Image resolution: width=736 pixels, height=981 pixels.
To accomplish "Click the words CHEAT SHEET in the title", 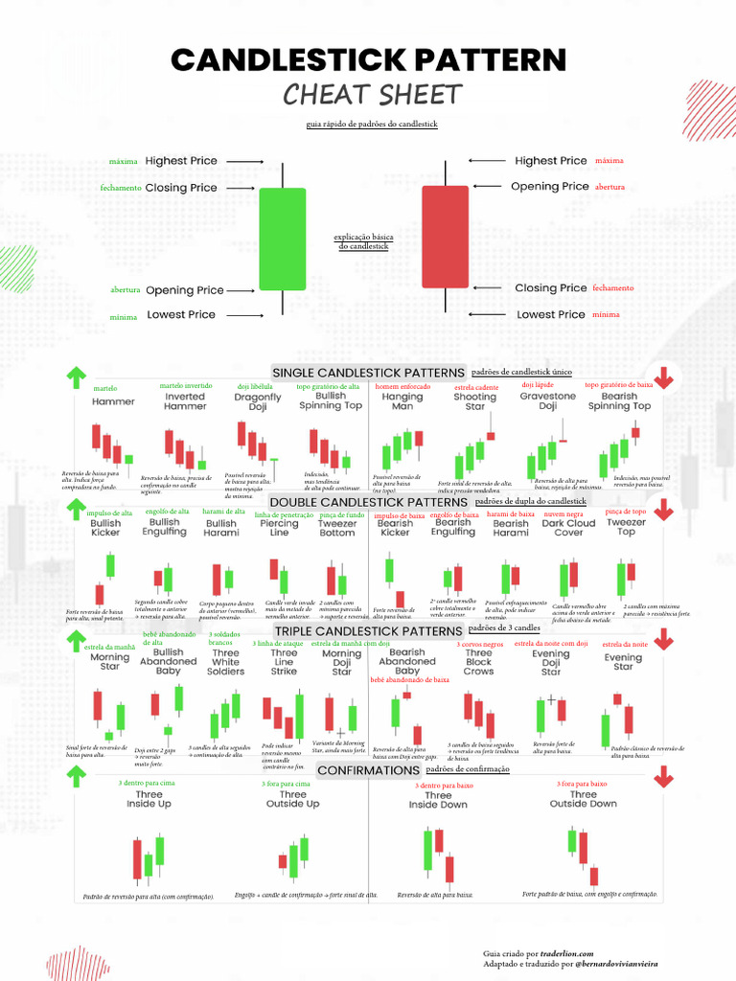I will [x=373, y=95].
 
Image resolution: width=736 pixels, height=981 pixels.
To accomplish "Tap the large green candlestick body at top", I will [x=282, y=240].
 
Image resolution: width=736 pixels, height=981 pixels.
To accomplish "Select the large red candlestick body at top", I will [x=445, y=237].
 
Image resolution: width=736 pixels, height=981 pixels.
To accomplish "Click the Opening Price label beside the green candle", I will [x=184, y=290].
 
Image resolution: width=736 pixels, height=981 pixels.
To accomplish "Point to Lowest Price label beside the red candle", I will [x=550, y=314].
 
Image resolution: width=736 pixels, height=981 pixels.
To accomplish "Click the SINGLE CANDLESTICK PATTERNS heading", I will [x=369, y=372].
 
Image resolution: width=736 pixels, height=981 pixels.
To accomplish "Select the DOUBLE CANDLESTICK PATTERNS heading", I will [x=369, y=502].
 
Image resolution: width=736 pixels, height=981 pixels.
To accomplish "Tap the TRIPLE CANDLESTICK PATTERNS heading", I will [x=369, y=632].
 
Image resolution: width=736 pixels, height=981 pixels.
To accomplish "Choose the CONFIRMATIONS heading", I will [x=368, y=770].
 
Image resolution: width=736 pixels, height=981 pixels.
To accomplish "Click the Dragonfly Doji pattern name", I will [x=258, y=401].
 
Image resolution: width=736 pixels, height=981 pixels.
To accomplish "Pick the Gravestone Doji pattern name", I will [x=547, y=400].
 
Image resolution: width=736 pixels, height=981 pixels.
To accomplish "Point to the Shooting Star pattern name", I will [x=474, y=400].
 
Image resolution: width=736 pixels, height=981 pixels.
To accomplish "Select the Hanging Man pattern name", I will [x=402, y=400].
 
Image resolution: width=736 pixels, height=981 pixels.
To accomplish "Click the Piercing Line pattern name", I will [x=279, y=528].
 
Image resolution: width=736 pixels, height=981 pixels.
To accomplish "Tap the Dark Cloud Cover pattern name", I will [x=568, y=528].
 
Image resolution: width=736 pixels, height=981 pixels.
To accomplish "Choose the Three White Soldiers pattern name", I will [x=226, y=662].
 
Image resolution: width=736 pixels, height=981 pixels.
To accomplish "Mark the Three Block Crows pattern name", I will [x=478, y=662].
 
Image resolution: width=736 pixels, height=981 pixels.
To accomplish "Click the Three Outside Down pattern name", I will [x=583, y=799].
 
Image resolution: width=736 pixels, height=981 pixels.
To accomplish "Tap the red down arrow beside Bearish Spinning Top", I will [x=663, y=379].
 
